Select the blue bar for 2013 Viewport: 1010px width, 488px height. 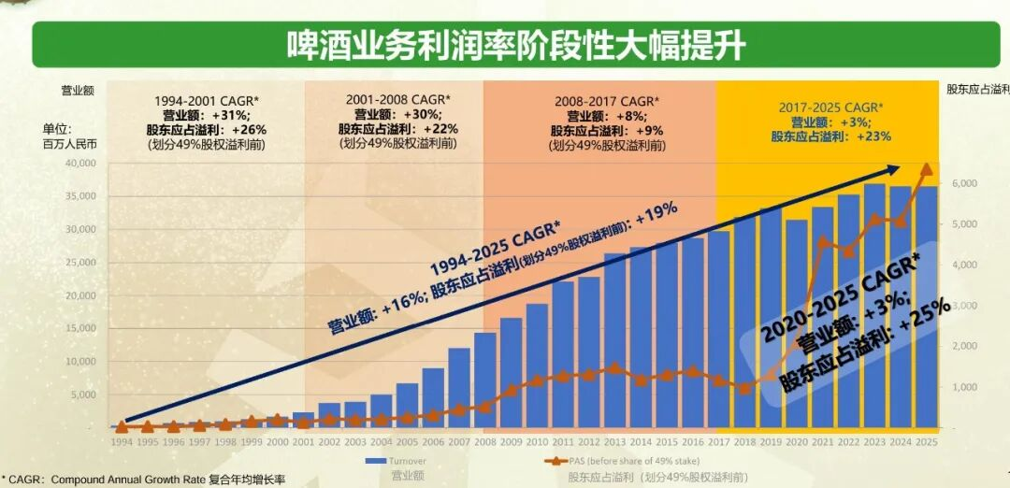pos(614,340)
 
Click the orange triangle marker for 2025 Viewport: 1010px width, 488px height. pos(927,169)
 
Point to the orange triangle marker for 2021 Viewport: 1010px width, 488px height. pos(823,241)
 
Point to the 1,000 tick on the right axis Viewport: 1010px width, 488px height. pos(963,387)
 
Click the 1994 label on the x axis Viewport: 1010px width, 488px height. pos(122,441)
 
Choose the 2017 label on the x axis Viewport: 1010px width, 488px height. pos(719,441)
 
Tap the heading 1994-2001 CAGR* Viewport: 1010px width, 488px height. pos(206,100)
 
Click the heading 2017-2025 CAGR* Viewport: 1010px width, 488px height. pos(830,108)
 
